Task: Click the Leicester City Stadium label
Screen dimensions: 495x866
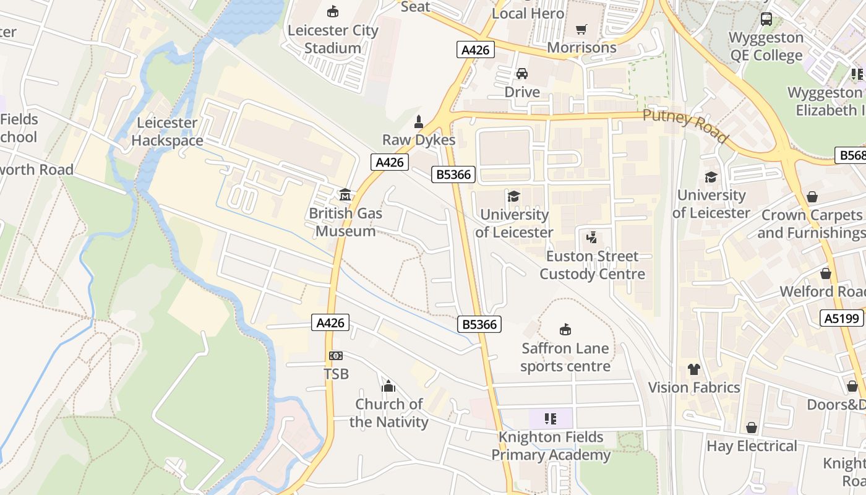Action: (333, 39)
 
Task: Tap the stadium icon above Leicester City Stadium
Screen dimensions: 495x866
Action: (333, 11)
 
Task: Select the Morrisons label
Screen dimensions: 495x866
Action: (581, 48)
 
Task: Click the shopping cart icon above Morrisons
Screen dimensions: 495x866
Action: (581, 29)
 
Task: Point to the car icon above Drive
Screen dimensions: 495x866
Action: (522, 74)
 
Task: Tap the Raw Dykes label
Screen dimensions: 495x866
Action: (419, 140)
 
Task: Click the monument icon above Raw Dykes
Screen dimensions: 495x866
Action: (419, 121)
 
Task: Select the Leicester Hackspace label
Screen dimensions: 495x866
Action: (167, 132)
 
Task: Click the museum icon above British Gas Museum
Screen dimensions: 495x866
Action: (345, 195)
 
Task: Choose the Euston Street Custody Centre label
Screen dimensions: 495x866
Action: (592, 265)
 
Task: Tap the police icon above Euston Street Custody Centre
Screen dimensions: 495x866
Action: (592, 237)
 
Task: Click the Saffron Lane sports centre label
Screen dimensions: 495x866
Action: (565, 357)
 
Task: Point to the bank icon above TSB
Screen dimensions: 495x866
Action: (336, 356)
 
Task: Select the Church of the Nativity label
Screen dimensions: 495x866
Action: (388, 413)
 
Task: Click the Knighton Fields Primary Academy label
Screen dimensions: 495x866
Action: (551, 446)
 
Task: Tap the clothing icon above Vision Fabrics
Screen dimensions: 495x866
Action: (694, 369)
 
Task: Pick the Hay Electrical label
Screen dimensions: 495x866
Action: (752, 446)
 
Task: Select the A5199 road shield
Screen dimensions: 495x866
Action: (842, 318)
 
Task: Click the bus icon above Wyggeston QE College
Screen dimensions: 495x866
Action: (766, 19)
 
